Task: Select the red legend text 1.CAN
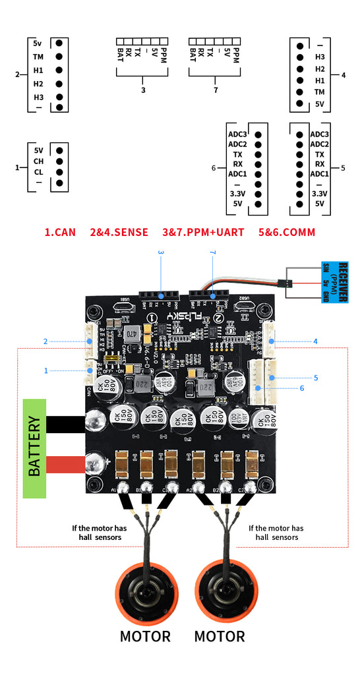60,232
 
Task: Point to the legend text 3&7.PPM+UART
203,232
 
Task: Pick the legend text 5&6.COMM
287,232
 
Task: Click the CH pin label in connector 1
39,161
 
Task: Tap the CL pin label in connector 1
39,171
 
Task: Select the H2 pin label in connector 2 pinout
38,84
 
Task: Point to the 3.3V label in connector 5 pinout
319,194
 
